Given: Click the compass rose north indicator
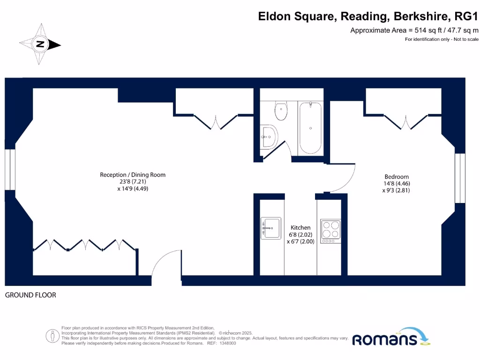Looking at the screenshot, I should point(40,45).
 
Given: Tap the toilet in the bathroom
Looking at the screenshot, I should point(281,112).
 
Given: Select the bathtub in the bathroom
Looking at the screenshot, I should point(310,127).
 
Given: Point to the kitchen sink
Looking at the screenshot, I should point(270,228).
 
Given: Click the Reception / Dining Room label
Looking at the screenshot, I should point(133,175).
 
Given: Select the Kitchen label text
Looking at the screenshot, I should point(300,227).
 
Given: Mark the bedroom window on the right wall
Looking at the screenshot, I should point(460,178).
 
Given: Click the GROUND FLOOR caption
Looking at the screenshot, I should point(30,295).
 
